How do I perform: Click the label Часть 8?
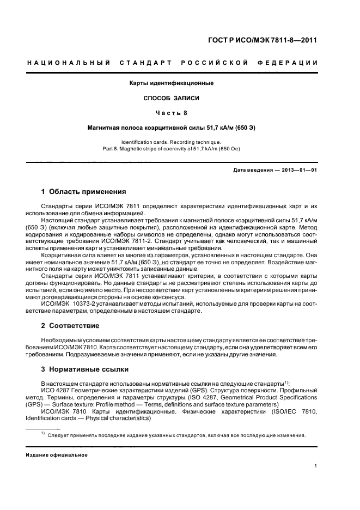(x=171, y=113)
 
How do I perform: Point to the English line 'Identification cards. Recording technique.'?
(x=171, y=141)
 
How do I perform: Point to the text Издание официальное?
(x=56, y=454)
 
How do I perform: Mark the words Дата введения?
(x=253, y=170)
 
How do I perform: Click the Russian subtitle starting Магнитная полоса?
(x=171, y=127)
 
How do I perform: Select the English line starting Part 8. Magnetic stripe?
(x=171, y=148)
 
